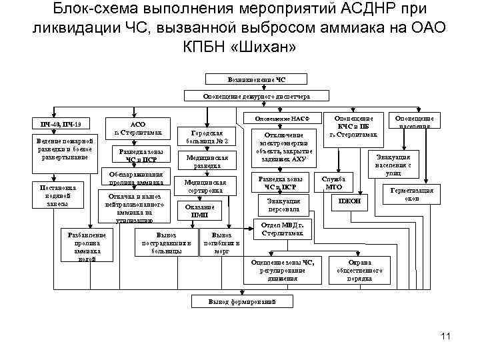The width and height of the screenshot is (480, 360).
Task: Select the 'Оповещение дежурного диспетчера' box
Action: pyautogui.click(x=257, y=97)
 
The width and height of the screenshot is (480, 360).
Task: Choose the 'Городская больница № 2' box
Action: pyautogui.click(x=211, y=137)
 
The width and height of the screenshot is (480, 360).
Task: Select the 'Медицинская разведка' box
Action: pyautogui.click(x=211, y=161)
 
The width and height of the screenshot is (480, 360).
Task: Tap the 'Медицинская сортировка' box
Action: pyautogui.click(x=211, y=186)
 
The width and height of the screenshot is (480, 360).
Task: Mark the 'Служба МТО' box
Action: pyautogui.click(x=333, y=182)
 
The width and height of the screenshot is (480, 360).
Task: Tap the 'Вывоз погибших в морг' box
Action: pyautogui.click(x=222, y=244)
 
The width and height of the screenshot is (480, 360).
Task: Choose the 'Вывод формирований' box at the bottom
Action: pyautogui.click(x=241, y=302)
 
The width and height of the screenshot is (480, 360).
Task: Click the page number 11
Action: pyautogui.click(x=446, y=335)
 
